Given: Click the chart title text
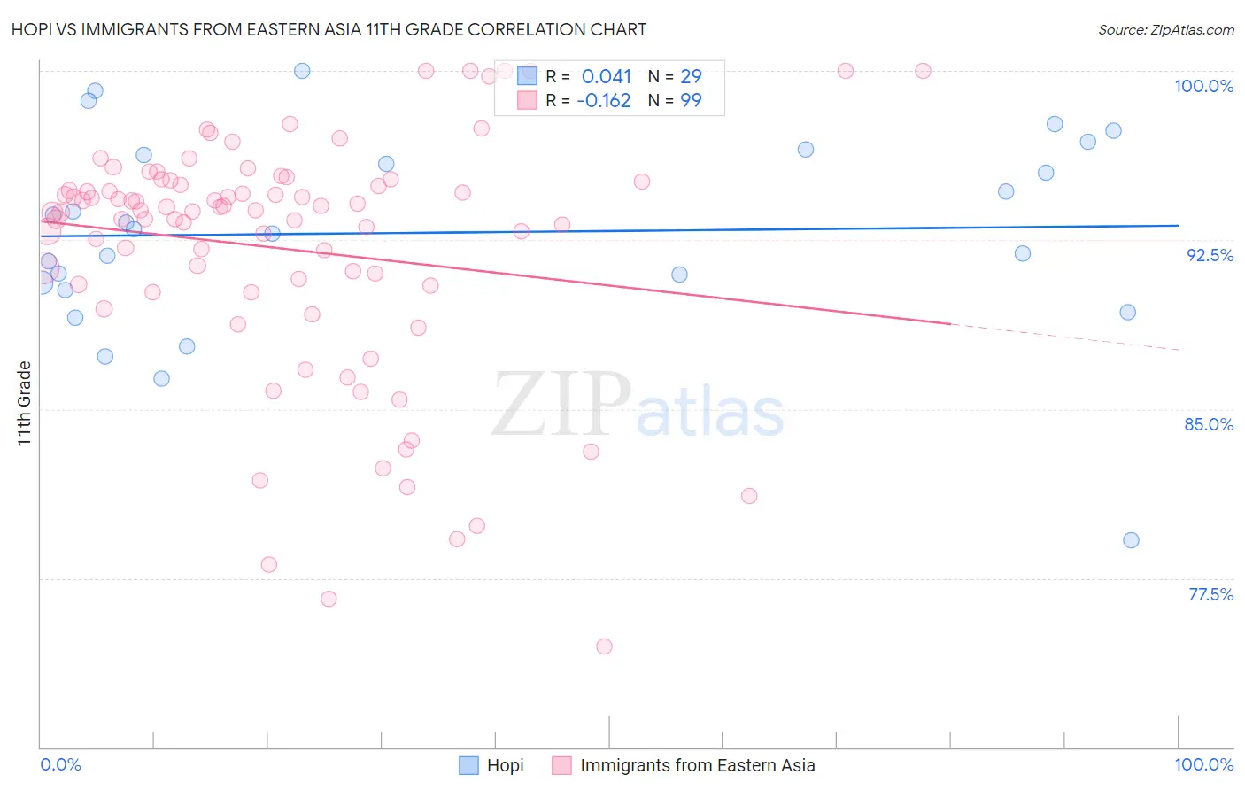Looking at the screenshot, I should point(329,29).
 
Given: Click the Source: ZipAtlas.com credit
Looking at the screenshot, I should point(1165,29).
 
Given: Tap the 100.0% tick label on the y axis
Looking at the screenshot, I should point(1203,86).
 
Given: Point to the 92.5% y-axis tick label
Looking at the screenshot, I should point(1210,255).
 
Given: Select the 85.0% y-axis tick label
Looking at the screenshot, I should point(1209,424).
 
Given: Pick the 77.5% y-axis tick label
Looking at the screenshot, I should point(1210,594).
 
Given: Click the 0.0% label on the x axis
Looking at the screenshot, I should point(60,764).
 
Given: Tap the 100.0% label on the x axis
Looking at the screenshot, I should point(1203,764).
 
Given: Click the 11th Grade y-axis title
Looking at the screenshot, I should point(25,403).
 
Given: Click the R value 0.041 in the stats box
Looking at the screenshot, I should point(607,76).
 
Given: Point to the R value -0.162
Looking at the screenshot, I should point(604,100).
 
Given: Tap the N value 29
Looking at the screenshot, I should point(691,76).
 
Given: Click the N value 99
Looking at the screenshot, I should point(691,100).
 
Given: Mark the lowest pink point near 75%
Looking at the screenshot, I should point(604,647).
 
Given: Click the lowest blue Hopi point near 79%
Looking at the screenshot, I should point(1131,540).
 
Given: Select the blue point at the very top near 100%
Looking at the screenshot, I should point(302,71).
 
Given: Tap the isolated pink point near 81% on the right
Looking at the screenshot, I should point(749,496).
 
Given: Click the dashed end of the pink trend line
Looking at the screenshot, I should point(1063,337).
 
